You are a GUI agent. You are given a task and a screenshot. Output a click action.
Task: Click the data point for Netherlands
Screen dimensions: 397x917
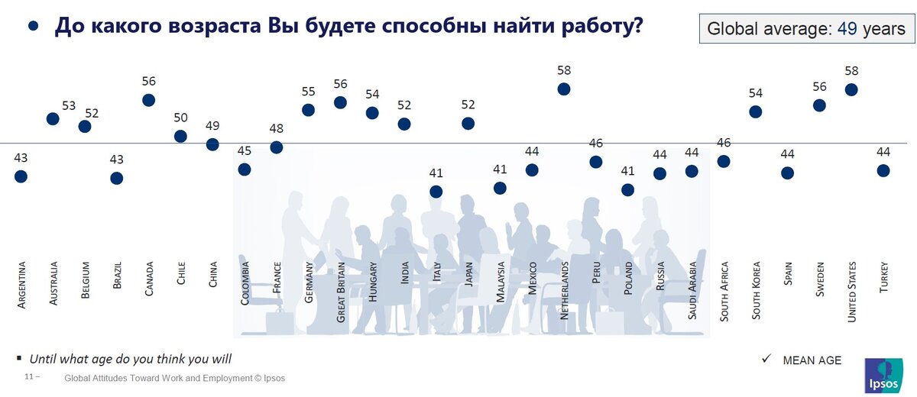(x=564, y=89)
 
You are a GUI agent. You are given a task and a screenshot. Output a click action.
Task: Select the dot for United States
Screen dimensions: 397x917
(x=851, y=89)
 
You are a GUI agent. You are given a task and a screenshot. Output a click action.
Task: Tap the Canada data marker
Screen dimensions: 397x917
(x=149, y=100)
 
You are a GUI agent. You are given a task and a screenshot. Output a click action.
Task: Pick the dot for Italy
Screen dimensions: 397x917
(x=436, y=192)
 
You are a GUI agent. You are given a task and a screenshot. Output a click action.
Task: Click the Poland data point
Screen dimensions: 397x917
(x=627, y=190)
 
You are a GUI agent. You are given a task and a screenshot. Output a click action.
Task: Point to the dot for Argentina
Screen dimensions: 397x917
(x=21, y=176)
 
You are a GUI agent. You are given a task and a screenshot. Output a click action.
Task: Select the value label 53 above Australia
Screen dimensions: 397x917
(x=69, y=105)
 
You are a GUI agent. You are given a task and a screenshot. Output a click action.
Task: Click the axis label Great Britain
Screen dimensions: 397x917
(x=341, y=292)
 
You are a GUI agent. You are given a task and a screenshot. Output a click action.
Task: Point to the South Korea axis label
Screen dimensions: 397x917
(x=756, y=290)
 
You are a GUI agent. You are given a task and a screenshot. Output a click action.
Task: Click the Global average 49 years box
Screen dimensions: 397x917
(x=805, y=29)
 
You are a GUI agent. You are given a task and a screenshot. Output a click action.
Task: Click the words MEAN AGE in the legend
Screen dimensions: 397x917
(x=812, y=360)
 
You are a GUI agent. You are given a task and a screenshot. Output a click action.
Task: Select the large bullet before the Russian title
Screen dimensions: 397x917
(x=33, y=26)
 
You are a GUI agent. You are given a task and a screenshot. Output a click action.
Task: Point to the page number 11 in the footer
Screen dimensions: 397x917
(x=29, y=378)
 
